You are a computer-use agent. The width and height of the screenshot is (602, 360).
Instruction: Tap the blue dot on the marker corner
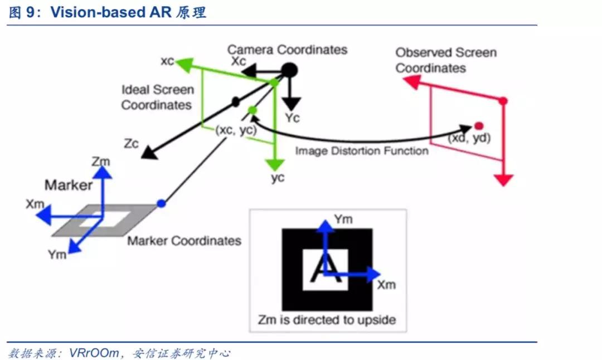point(161,204)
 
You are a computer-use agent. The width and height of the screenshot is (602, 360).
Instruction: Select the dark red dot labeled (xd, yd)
point(478,125)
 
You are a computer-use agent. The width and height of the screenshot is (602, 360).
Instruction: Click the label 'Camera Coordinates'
point(287,50)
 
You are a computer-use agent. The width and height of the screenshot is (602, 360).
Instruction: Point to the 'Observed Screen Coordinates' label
point(445,60)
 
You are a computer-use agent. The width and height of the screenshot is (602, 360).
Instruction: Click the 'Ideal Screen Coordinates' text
point(158,97)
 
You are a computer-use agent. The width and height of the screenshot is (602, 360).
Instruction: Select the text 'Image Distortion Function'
point(362,151)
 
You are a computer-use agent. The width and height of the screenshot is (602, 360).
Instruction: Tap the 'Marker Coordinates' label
point(185,241)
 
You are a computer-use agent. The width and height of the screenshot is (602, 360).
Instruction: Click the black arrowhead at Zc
point(148,151)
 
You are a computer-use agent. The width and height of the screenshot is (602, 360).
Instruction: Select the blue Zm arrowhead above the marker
point(101,172)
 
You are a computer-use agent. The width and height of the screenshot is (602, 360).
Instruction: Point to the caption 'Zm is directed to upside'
point(327,320)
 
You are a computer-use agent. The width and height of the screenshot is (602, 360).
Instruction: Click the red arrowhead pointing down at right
point(503,180)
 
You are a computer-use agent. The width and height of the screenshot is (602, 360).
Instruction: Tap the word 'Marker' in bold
point(69,185)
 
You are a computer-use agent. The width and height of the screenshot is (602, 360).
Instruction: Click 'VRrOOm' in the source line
point(94,353)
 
